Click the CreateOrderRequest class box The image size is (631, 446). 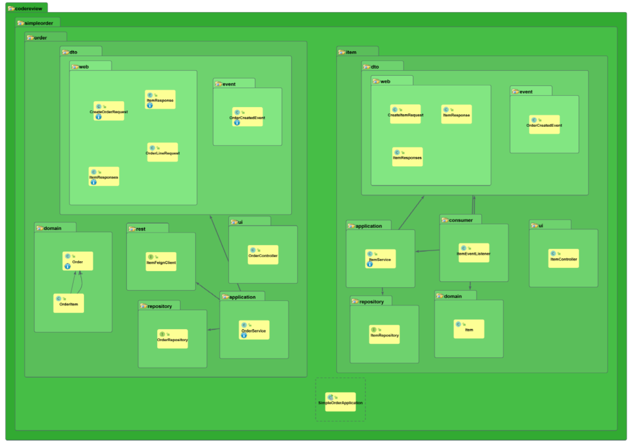point(109,111)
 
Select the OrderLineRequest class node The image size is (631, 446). point(162,152)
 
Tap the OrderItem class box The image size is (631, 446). point(69,303)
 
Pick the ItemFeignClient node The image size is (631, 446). point(161,261)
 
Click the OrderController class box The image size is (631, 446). point(263,254)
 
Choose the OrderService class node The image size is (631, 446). point(254,330)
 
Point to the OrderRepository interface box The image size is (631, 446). point(172,339)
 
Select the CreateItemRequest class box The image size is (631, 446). point(405,114)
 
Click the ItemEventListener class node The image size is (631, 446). point(474,252)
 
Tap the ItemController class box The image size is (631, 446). point(564,258)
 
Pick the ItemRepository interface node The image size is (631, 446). point(384,334)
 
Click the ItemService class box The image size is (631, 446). point(380,258)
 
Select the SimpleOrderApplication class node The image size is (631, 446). point(340,402)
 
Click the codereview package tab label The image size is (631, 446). point(28,8)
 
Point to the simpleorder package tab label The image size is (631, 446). point(38,23)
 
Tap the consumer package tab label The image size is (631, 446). point(460,220)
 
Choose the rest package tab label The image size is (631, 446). point(140,229)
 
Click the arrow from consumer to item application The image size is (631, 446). point(428,251)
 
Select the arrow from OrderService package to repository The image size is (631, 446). point(213,330)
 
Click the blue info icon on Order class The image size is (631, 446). point(67,266)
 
